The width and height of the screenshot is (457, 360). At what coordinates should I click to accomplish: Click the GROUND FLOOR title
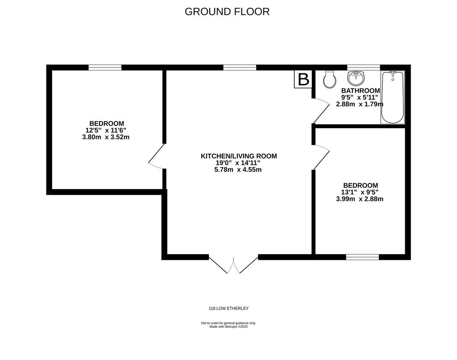point(227,12)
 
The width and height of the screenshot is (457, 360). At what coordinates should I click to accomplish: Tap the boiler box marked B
point(303,80)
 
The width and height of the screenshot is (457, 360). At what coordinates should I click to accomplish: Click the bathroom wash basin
point(356,78)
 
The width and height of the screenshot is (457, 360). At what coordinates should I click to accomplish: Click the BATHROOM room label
point(361,90)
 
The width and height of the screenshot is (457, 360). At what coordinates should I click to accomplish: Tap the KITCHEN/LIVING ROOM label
point(239,156)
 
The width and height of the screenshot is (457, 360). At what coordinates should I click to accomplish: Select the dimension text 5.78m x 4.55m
point(238,169)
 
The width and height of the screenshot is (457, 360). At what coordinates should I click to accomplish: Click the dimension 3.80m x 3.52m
point(106,137)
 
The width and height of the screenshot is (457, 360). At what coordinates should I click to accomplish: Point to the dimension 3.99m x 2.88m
point(360,199)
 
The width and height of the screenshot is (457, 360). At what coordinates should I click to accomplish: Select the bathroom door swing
point(320,111)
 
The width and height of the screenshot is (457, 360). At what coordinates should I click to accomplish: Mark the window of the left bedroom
point(105,67)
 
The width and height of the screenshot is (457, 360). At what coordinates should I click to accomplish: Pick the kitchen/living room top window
point(240,67)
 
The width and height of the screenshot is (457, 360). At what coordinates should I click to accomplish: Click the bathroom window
point(364,67)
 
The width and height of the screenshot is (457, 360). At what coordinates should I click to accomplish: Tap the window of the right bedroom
point(362,257)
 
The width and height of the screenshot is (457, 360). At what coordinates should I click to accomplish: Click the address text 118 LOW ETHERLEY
point(229,308)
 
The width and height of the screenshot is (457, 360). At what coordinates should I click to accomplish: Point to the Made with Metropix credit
point(228,327)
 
